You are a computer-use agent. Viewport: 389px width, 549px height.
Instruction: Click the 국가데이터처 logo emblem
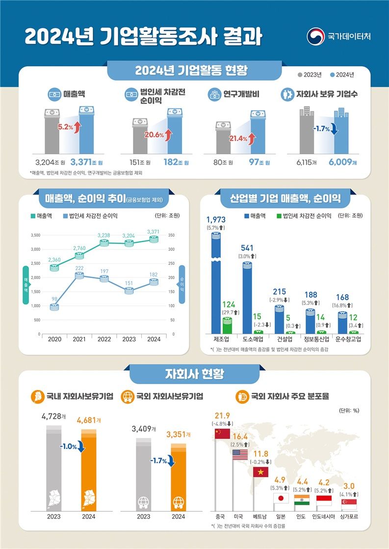(x=315, y=36)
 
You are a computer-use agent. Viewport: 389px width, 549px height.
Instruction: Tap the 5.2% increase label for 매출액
(x=65, y=127)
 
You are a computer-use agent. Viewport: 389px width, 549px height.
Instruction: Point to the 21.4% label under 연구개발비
(x=238, y=139)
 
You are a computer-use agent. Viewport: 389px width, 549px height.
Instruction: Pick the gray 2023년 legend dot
(x=300, y=75)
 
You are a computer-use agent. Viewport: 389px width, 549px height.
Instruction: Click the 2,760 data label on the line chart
(x=79, y=248)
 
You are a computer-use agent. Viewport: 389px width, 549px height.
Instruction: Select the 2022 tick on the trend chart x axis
(x=104, y=339)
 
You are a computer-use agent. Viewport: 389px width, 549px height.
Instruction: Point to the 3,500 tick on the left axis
(x=35, y=236)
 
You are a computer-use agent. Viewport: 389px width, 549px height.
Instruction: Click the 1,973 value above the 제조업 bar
(x=216, y=219)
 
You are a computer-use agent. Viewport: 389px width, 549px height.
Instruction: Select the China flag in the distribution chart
(x=222, y=434)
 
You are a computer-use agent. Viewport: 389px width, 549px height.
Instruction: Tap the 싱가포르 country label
(x=349, y=517)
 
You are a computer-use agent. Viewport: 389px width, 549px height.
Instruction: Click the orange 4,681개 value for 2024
(x=89, y=420)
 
